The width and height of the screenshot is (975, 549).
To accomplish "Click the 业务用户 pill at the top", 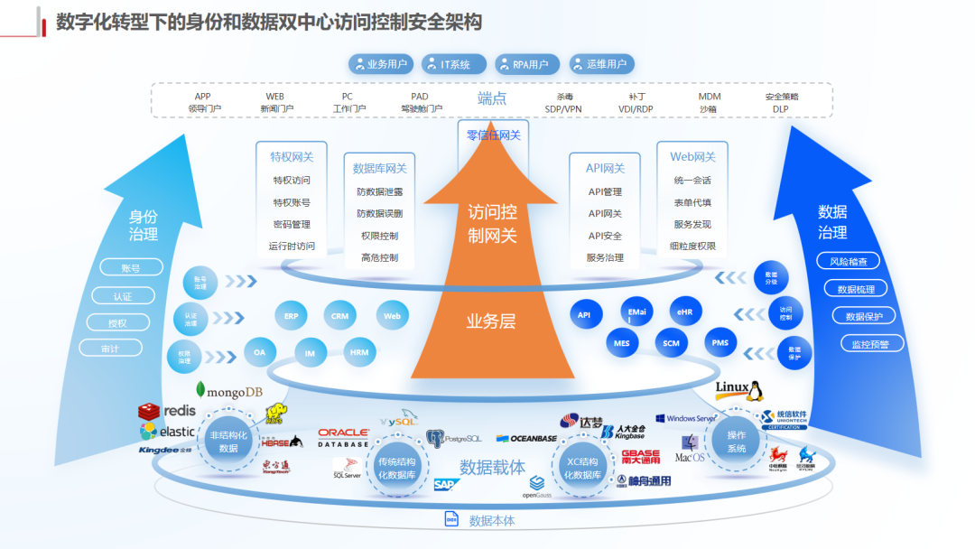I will (x=380, y=64).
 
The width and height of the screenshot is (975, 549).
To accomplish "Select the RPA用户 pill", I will (x=526, y=64).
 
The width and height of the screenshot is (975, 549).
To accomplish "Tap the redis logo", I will (x=166, y=412).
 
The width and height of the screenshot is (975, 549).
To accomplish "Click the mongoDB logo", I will (x=228, y=391).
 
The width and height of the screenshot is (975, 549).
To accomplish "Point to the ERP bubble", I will (x=291, y=316).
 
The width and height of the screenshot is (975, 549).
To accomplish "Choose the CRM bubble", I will (x=339, y=316).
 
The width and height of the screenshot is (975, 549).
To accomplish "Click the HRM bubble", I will (x=359, y=352).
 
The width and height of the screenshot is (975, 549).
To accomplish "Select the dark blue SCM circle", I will (x=671, y=343).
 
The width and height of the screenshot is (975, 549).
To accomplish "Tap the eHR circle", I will (x=684, y=312).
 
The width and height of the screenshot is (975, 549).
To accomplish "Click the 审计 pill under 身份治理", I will (x=110, y=348).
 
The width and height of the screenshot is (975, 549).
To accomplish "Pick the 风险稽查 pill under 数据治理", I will (x=848, y=262).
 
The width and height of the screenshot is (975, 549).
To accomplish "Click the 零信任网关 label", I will (x=493, y=135).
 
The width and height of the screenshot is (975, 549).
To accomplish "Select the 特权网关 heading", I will (x=292, y=156).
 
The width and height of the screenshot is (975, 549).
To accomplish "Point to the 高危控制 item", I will (x=379, y=257).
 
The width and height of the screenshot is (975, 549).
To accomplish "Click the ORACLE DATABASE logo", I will (x=343, y=438).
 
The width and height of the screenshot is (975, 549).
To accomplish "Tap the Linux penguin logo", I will (x=739, y=390).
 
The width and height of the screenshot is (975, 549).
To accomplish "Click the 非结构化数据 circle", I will (x=228, y=442).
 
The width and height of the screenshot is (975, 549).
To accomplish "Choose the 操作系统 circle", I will (x=737, y=442).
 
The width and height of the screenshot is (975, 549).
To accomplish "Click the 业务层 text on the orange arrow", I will (x=491, y=321).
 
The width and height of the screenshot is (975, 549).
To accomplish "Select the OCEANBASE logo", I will (x=527, y=439).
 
